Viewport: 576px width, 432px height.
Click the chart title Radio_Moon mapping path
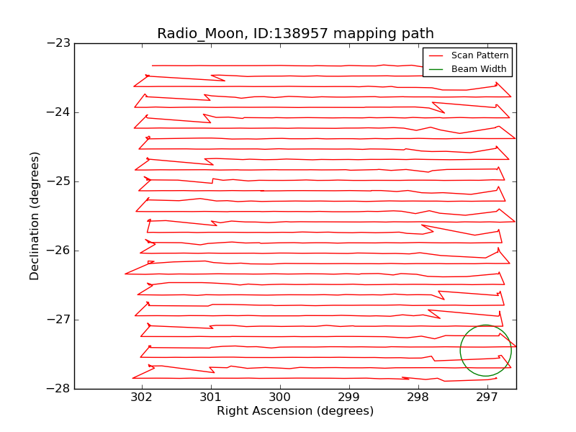(295, 33)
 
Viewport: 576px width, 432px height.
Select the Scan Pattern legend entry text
(480, 55)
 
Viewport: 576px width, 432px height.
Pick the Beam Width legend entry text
(479, 69)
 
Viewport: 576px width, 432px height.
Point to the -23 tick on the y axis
(60, 43)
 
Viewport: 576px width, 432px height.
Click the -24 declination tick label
(60, 112)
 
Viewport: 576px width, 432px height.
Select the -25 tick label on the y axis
(60, 181)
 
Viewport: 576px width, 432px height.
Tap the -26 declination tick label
(60, 251)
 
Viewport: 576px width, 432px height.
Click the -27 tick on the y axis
(60, 320)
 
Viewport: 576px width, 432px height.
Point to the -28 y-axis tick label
(60, 389)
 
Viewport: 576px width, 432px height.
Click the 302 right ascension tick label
(141, 398)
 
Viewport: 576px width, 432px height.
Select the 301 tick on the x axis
(210, 398)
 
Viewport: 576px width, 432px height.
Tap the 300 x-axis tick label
(279, 398)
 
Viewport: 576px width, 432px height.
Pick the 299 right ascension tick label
(348, 398)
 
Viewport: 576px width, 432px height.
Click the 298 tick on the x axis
(418, 398)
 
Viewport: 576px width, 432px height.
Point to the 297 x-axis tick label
(487, 398)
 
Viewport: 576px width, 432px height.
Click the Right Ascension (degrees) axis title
(295, 412)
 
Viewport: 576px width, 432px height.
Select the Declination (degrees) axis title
(35, 216)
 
